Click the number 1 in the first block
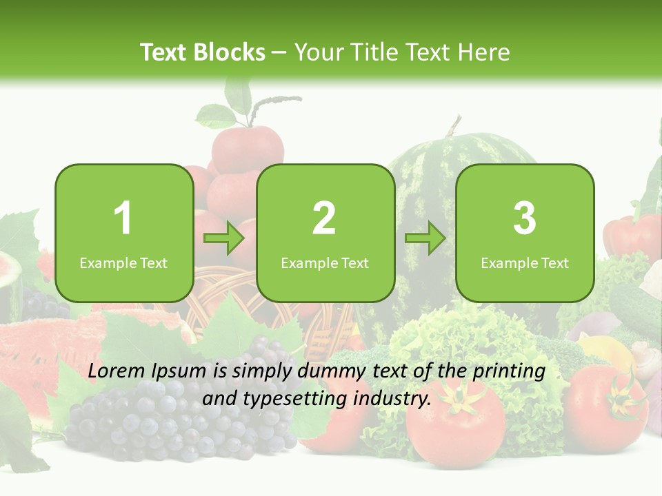(123, 218)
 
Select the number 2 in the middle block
(324, 218)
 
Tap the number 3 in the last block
(525, 218)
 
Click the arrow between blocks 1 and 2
(224, 238)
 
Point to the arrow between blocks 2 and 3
(425, 238)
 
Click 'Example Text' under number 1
(123, 263)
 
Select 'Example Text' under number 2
(325, 263)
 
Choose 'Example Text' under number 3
(525, 263)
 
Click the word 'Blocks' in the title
(230, 52)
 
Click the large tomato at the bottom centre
(455, 424)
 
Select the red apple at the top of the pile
(247, 148)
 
